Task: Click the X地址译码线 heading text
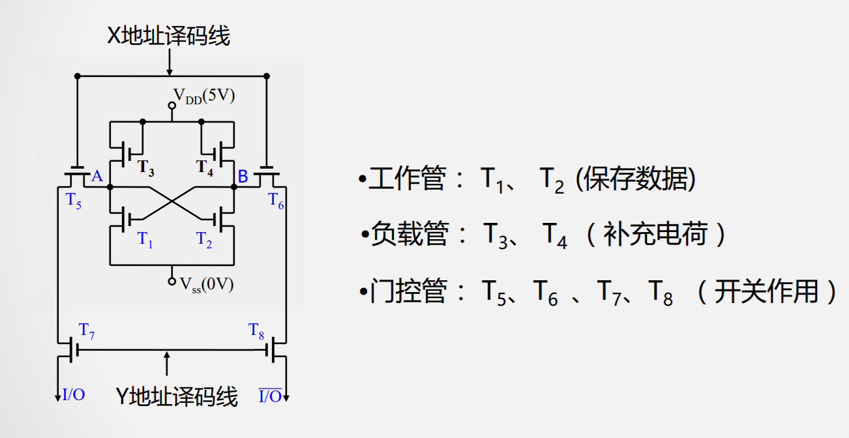[169, 35]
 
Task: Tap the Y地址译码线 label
[177, 396]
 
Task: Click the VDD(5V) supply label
[203, 96]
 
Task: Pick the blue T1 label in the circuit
[145, 240]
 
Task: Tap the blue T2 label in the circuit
[204, 240]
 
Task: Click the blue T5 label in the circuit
[74, 201]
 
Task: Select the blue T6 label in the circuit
[276, 201]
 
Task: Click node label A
[97, 177]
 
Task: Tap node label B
[243, 177]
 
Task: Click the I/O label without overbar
[74, 394]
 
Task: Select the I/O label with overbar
[270, 396]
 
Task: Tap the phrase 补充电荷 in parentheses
[655, 234]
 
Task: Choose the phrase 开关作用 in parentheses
[766, 291]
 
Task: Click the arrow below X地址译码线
[170, 63]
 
